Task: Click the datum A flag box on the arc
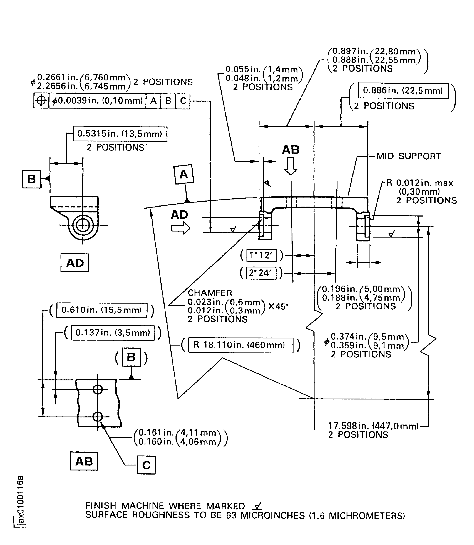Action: coord(184,174)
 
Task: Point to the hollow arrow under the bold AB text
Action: coord(291,166)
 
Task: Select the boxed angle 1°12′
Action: coord(261,255)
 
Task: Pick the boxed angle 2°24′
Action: coord(261,273)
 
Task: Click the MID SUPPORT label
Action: coord(408,156)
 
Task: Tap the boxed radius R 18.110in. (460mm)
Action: coord(240,345)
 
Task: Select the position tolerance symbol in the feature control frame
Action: coord(41,101)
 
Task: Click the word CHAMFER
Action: coord(210,293)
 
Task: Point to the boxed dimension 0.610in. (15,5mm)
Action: coord(102,310)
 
